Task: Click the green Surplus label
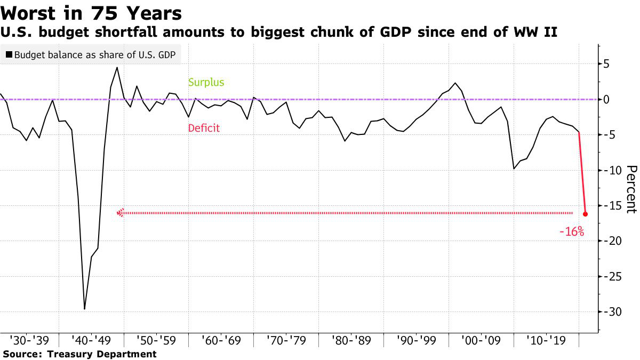[x=206, y=83]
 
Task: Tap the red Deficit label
[x=204, y=128]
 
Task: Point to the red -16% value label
[x=572, y=232]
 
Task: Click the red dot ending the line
[x=586, y=214]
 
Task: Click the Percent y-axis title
[x=631, y=189]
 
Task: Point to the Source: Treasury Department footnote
[x=80, y=354]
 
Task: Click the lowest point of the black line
[x=84, y=309]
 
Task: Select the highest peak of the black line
[x=117, y=67]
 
